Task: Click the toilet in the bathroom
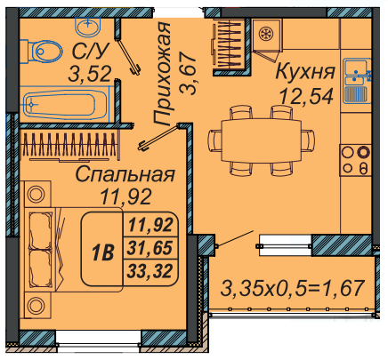tap(42, 52)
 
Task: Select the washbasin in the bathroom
tap(88, 25)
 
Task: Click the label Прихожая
tap(162, 74)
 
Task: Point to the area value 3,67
tap(188, 74)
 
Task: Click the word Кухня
tap(305, 72)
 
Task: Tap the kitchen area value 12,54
tap(307, 96)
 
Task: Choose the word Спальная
tap(125, 175)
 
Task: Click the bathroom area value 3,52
tap(90, 74)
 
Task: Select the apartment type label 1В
tap(103, 252)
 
